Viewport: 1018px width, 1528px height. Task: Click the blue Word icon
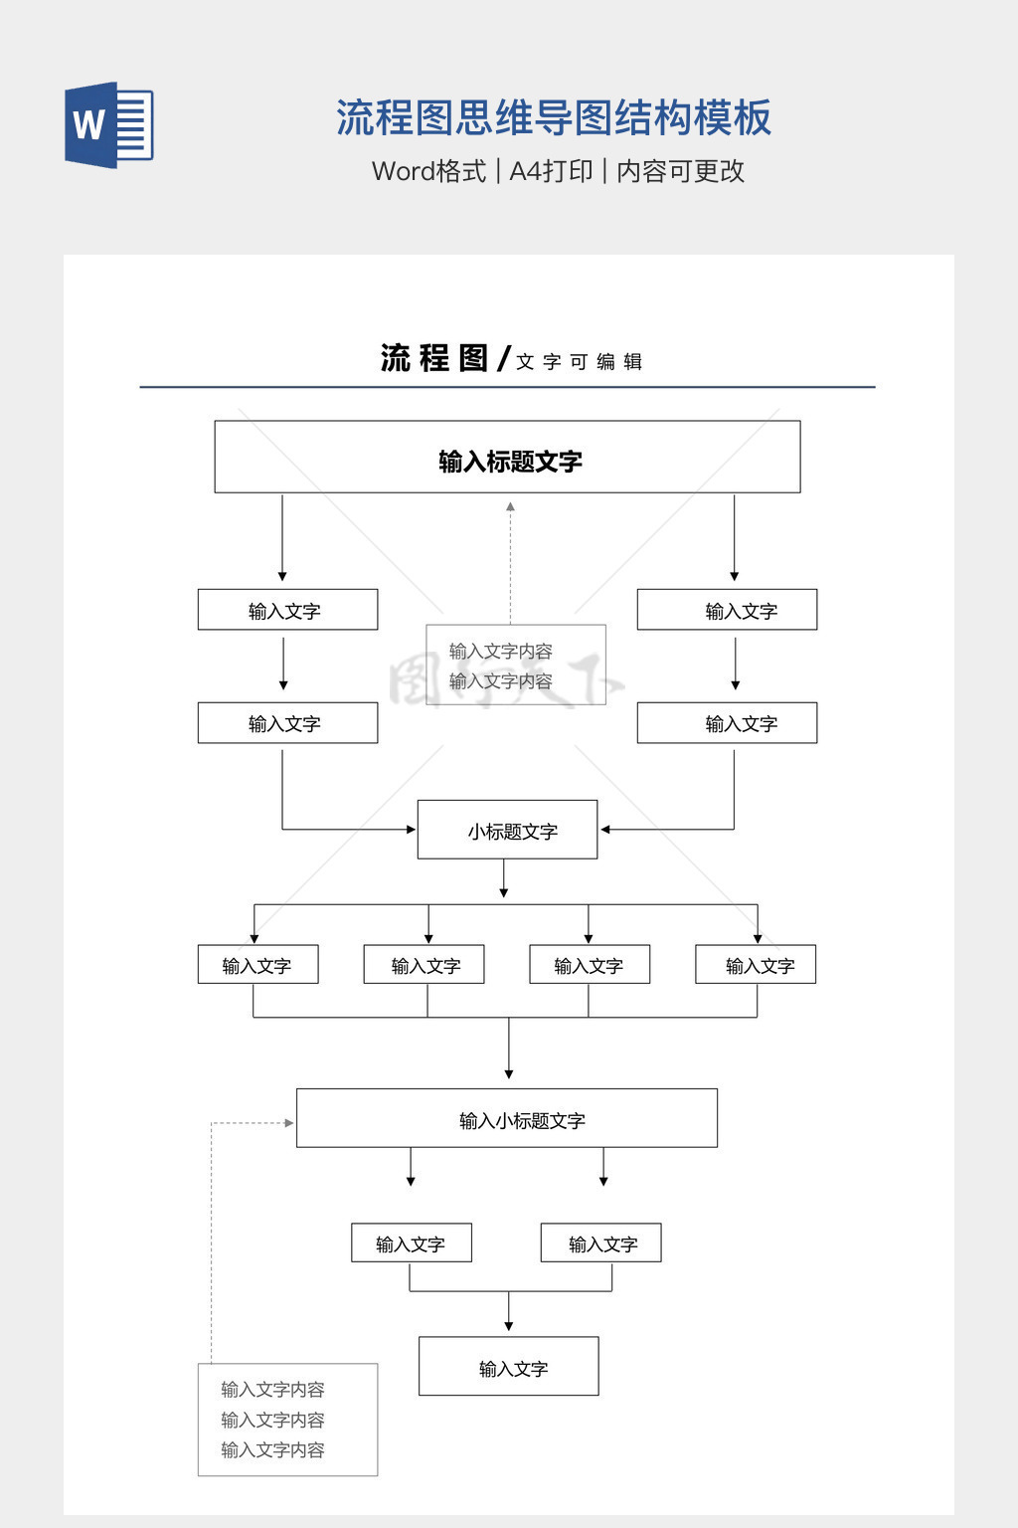coord(108,125)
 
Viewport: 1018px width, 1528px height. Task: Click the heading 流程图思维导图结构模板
coord(553,118)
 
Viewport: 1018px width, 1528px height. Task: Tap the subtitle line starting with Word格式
coord(558,171)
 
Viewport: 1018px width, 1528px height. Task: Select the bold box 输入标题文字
coord(507,457)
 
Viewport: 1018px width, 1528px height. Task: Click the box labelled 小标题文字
coord(507,830)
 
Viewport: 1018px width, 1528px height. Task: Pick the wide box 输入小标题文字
coord(507,1118)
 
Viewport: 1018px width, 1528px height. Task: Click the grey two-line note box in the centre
coord(515,665)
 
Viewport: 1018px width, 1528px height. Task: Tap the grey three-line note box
coord(287,1420)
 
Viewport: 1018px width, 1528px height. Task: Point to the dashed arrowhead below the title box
coord(510,507)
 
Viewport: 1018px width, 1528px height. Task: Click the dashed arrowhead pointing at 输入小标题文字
coord(288,1123)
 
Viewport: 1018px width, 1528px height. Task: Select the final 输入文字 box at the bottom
coord(508,1366)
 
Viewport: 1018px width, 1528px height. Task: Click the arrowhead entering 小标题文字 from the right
coord(604,829)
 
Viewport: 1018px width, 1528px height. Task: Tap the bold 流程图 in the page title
coord(434,358)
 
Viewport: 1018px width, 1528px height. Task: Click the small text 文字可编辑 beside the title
coord(579,362)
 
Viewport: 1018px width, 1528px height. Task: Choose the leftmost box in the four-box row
coord(257,964)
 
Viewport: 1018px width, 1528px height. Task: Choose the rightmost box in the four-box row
coord(756,964)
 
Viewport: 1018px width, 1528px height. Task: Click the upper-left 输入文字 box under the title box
coord(287,610)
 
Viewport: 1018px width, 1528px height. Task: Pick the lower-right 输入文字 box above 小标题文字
coord(727,723)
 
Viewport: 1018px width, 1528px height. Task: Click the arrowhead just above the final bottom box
coord(509,1326)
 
